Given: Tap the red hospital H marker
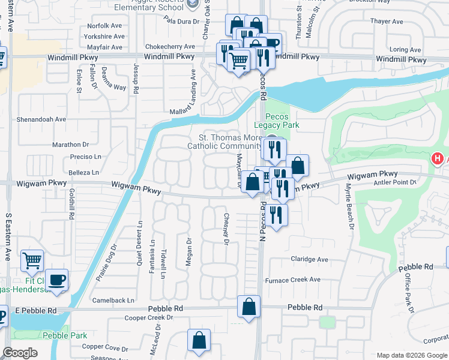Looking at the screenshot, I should tap(438, 158).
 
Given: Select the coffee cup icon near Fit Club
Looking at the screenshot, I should tap(56, 280).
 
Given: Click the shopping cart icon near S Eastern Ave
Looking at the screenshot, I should tap(32, 260).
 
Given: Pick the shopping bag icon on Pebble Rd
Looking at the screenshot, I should tap(249, 307).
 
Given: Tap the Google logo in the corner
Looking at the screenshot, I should tap(20, 353).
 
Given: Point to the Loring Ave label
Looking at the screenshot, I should tap(406, 49).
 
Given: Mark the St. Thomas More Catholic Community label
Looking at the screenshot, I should tap(224, 141).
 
